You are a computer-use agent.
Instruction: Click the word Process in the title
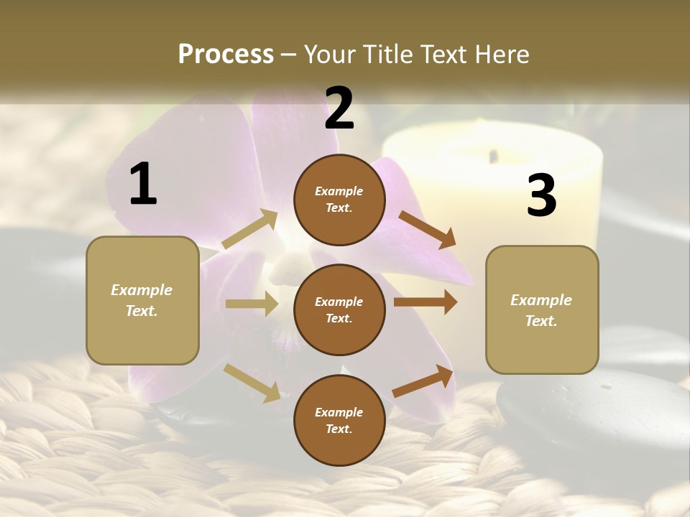[x=226, y=55]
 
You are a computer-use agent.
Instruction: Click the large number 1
[x=143, y=184]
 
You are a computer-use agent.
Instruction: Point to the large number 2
[x=339, y=108]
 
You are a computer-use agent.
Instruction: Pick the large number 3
[x=541, y=196]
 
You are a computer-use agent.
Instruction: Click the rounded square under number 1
[x=142, y=300]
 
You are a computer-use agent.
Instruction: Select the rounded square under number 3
[x=542, y=309]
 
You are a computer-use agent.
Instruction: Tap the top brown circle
[x=339, y=200]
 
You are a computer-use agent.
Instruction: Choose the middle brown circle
[x=339, y=309]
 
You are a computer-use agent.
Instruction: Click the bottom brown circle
[x=339, y=420]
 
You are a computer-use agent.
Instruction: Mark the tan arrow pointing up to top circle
[x=250, y=230]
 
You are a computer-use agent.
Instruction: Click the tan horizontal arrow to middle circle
[x=252, y=304]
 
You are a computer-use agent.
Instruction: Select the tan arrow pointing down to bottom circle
[x=252, y=382]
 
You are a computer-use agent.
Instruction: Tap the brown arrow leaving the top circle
[x=428, y=229]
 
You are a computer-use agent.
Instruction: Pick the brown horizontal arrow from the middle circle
[x=425, y=302]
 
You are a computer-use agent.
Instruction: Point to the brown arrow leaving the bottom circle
[x=423, y=381]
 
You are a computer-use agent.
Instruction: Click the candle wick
[x=493, y=155]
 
